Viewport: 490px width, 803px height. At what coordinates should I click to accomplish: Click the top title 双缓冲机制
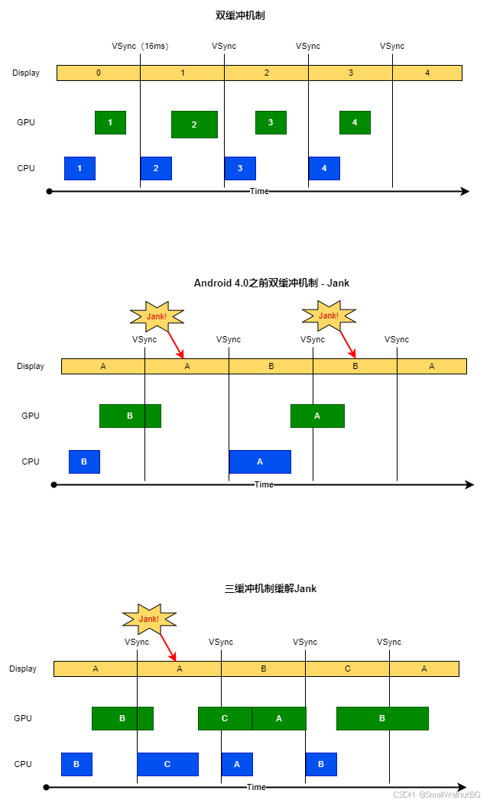pyautogui.click(x=240, y=15)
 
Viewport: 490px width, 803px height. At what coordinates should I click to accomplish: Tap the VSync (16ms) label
pyautogui.click(x=140, y=46)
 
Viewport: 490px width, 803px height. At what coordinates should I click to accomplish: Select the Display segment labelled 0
pyautogui.click(x=99, y=73)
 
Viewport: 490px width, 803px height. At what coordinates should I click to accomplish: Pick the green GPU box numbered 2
pyautogui.click(x=194, y=125)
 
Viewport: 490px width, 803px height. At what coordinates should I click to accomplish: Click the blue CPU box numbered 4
pyautogui.click(x=324, y=168)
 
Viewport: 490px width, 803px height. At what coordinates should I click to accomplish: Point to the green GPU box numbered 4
pyautogui.click(x=355, y=122)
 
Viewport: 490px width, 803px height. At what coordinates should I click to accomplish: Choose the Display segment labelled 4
pyautogui.click(x=427, y=73)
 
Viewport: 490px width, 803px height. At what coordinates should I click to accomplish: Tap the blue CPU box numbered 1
pyautogui.click(x=80, y=168)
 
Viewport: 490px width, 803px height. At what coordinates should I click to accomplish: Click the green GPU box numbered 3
pyautogui.click(x=271, y=122)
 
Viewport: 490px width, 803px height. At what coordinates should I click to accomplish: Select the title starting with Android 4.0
pyautogui.click(x=271, y=283)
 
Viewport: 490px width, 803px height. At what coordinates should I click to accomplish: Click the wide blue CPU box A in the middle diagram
pyautogui.click(x=260, y=461)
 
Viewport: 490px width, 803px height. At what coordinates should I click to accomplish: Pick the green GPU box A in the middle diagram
pyautogui.click(x=317, y=416)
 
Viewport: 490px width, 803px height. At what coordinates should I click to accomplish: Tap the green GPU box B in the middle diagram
pyautogui.click(x=130, y=416)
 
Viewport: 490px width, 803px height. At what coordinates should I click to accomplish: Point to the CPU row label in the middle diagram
pyautogui.click(x=31, y=461)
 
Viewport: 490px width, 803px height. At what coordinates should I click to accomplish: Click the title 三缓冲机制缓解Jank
pyautogui.click(x=271, y=588)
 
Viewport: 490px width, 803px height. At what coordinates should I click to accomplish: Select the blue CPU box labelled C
pyautogui.click(x=167, y=764)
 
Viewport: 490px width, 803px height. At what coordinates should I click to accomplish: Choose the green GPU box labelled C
pyautogui.click(x=225, y=718)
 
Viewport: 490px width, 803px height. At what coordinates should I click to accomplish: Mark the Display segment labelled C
pyautogui.click(x=347, y=669)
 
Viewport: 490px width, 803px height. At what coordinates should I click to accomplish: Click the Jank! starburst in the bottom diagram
pyautogui.click(x=149, y=619)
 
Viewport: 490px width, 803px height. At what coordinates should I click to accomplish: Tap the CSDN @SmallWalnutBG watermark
pyautogui.click(x=436, y=795)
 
